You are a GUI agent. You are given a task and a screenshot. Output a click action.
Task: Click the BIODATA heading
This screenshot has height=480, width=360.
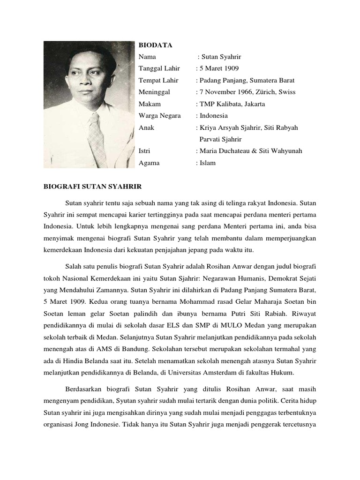tap(155, 45)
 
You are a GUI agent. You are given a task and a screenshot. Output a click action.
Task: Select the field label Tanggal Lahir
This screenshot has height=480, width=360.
tap(159, 68)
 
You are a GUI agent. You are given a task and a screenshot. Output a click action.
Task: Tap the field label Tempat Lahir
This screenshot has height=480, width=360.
tap(158, 80)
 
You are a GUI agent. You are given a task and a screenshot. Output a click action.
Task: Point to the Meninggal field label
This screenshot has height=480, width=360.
tap(154, 92)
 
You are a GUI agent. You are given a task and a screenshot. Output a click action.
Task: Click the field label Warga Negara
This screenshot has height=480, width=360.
tap(159, 115)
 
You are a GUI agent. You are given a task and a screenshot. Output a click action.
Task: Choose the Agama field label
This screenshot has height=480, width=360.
tap(149, 163)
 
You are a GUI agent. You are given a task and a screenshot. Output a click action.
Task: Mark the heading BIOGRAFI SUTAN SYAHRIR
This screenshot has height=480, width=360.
tap(92, 186)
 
